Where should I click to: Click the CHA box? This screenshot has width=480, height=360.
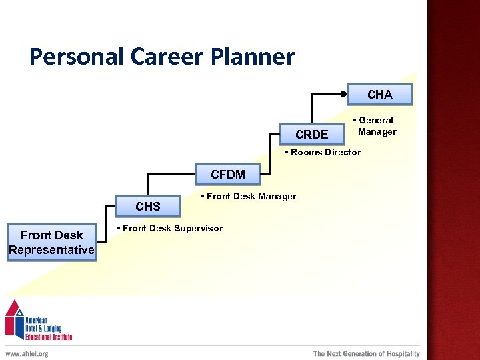tap(380, 95)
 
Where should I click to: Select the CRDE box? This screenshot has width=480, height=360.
tap(312, 135)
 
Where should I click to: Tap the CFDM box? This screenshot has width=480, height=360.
tap(228, 175)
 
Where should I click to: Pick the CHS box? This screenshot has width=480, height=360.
tap(148, 206)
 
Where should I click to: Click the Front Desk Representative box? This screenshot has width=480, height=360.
tap(52, 243)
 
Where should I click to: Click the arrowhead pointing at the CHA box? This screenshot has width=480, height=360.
tap(344, 95)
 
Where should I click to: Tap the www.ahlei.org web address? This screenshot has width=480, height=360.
tap(27, 354)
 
